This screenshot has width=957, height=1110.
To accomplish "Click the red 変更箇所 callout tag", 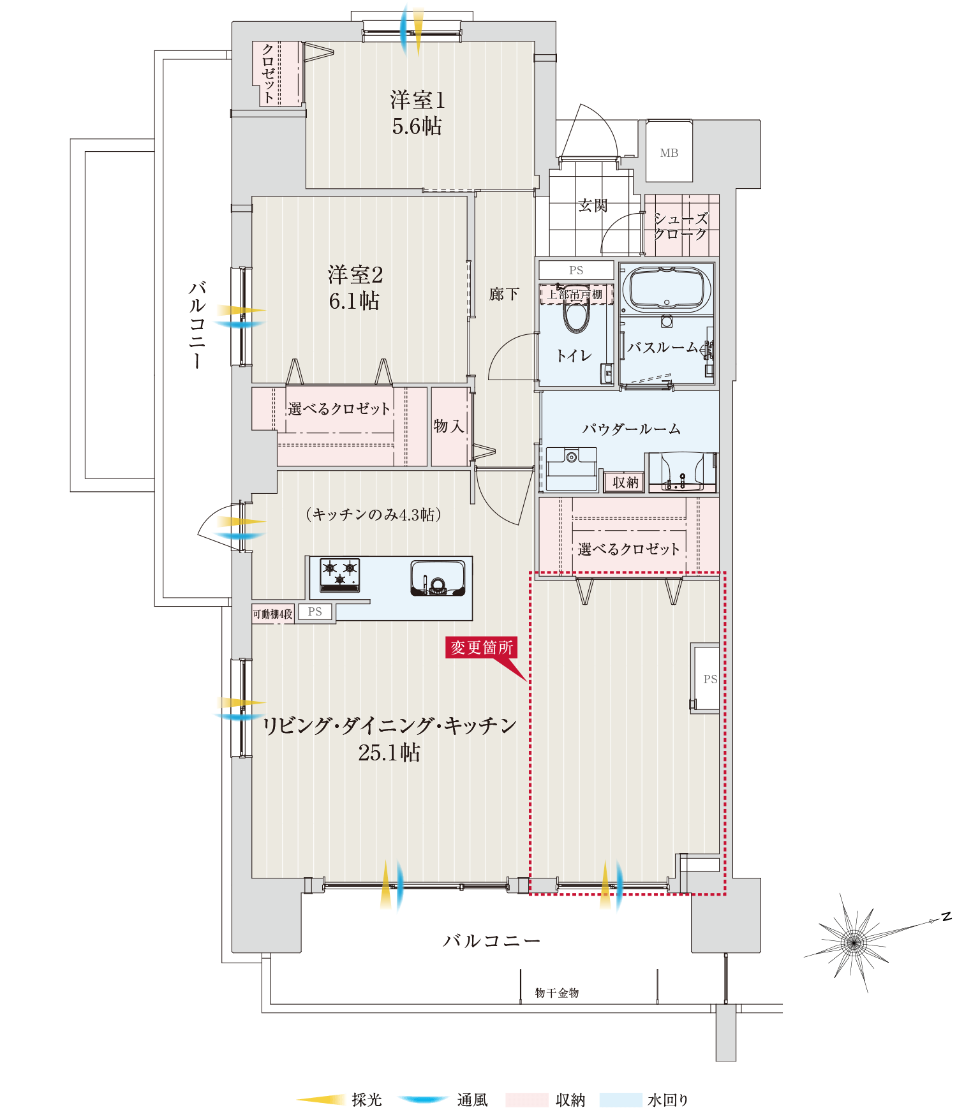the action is pos(481,647).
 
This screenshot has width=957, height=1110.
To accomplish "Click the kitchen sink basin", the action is pos(438,578).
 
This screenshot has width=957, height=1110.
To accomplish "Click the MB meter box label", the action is pos(669,153).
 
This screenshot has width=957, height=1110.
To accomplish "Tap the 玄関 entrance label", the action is pos(593,205).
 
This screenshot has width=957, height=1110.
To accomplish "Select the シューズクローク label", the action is pos(681,226).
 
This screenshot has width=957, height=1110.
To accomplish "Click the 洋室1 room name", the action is pos(417,100).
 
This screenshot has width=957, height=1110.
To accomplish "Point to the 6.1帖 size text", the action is pos(354,300).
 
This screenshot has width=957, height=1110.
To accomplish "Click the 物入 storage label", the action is pos(449,426).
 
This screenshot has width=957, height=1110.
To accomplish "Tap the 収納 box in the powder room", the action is pos(625,482).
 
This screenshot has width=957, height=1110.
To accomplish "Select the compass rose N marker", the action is pos(947,917).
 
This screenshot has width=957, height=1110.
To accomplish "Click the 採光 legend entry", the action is pos(367,1100).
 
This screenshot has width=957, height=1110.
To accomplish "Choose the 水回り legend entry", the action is pos(668,1100).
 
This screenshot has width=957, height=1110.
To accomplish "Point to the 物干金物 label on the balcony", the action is pos(557,993).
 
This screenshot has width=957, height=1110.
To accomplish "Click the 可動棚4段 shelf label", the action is pos(273,614).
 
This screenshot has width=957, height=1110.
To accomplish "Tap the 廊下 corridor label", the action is pos(504,294).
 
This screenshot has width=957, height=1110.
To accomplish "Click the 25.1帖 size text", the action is pos(389,753).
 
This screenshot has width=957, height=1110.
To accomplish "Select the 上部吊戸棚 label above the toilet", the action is pos(575,295).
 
